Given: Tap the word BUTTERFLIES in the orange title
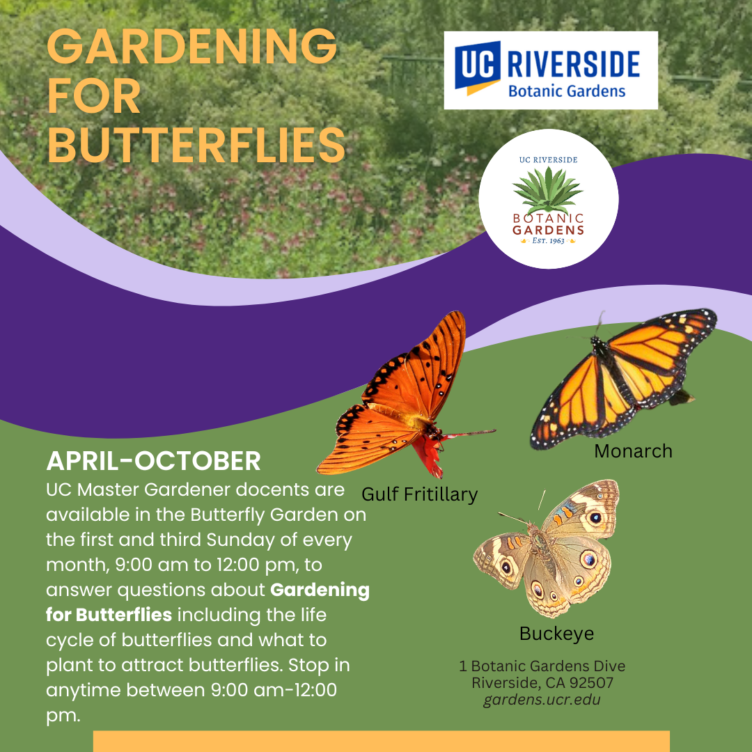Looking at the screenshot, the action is tap(196, 146).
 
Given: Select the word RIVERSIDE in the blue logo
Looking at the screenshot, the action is tap(574, 65).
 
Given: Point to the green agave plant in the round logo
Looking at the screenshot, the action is tap(548, 190).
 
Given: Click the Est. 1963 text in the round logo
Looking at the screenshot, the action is tap(548, 240).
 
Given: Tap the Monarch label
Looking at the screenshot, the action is tap(633, 451).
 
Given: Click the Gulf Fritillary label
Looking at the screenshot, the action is tap(420, 494).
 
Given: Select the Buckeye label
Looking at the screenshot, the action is tap(556, 634).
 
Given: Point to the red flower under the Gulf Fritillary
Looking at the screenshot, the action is tap(427, 453).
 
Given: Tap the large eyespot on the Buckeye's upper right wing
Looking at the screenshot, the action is tap(595, 517).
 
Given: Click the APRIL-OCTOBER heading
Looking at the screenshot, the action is tap(153, 461).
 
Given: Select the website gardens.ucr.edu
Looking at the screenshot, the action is tap(542, 699).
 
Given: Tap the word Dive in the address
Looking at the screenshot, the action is tap(609, 666).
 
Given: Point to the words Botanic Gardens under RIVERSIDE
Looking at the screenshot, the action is tap(567, 91).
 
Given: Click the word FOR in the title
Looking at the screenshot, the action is tap(94, 96).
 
